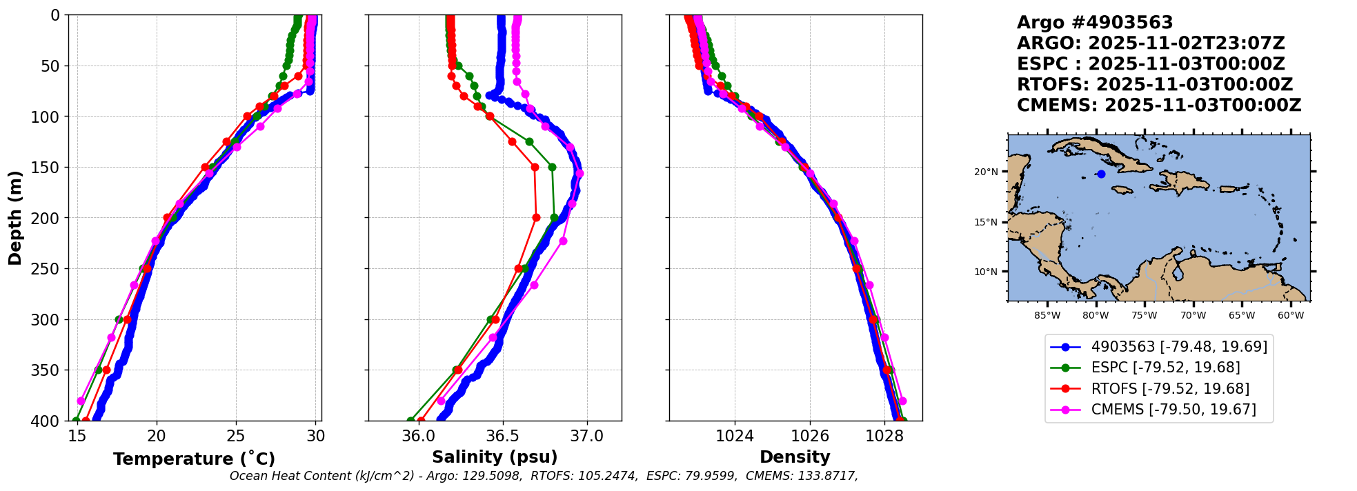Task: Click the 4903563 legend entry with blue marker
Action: (1158, 347)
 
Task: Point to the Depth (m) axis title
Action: (15, 218)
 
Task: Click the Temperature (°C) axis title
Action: (195, 459)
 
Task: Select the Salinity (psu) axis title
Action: (495, 457)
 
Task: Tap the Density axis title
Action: (795, 457)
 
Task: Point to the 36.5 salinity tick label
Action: (502, 437)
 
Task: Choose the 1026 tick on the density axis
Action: (809, 437)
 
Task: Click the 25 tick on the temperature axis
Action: (236, 437)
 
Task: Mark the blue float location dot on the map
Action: (1101, 174)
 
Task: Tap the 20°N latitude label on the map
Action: (986, 172)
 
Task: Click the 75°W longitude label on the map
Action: (1144, 316)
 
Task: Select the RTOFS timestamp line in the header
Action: (1155, 85)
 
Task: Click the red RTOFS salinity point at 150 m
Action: (535, 167)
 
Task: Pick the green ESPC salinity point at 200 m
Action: (554, 218)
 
